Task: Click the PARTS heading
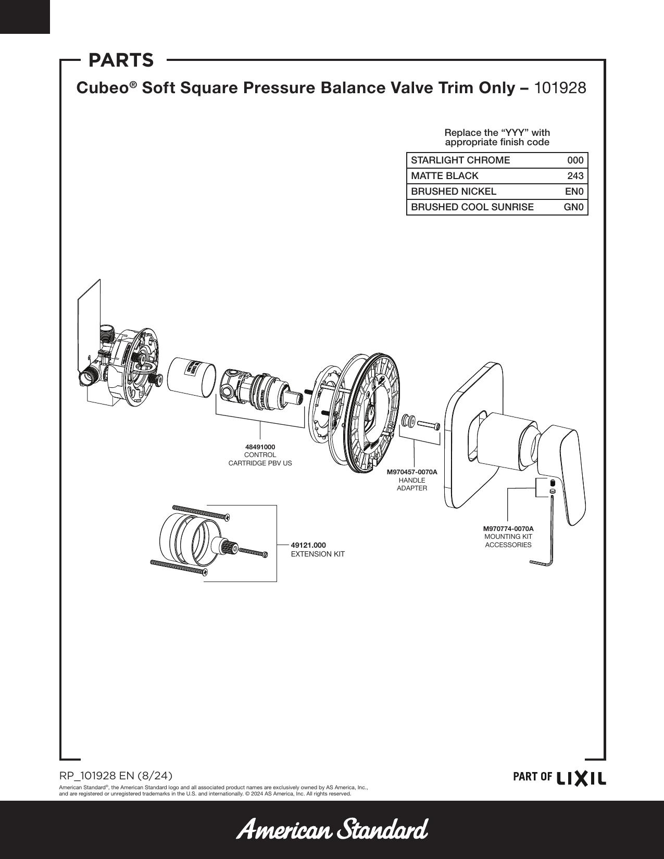point(121,60)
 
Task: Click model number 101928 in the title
point(560,88)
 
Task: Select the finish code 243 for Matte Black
point(575,176)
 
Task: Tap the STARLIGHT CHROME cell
point(460,160)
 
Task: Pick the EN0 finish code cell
point(574,192)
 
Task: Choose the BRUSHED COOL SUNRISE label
point(472,207)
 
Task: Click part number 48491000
point(260,447)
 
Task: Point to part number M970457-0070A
point(412,472)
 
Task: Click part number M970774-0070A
point(508,528)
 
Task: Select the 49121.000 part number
point(308,546)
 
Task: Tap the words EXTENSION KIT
point(318,554)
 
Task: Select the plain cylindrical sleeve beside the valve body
point(192,377)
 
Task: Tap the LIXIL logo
point(581,777)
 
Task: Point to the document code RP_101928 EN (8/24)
point(116,775)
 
